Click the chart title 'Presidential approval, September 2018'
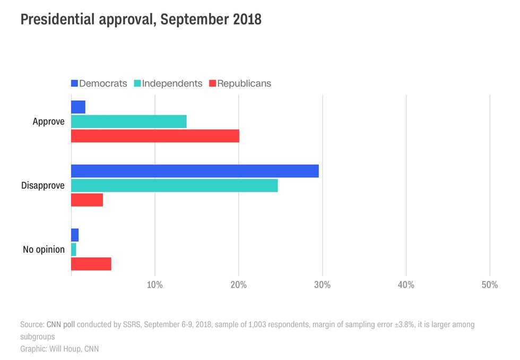141,20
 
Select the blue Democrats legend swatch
74,83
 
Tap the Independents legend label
172,83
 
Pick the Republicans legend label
244,83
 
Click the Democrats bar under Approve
78,107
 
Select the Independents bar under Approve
128,121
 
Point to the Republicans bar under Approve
155,136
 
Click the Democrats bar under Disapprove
195,171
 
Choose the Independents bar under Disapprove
174,185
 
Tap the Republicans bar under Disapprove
87,200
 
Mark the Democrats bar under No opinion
75,235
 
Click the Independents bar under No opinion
74,249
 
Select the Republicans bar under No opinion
91,264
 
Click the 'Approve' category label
48,122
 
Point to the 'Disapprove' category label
42,186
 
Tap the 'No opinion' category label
44,250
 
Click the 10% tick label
155,285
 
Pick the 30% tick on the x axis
322,285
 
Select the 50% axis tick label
489,285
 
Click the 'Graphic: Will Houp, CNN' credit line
59,349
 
